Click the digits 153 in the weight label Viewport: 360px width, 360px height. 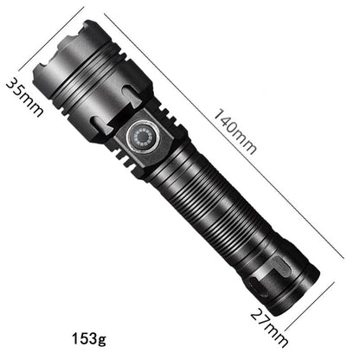point(83,337)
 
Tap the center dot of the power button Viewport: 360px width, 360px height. point(142,138)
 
